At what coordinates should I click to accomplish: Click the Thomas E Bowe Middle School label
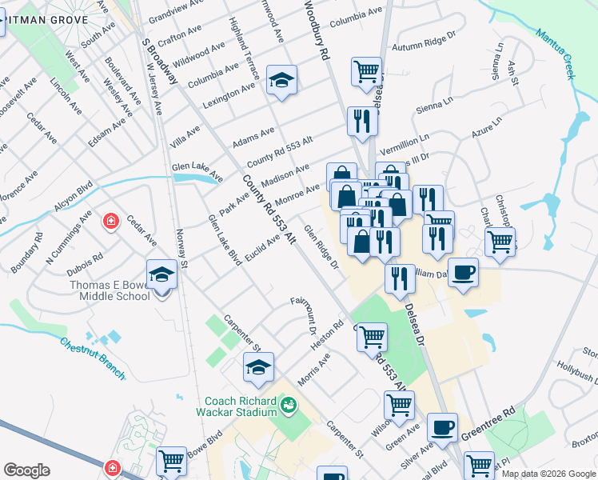click(x=104, y=290)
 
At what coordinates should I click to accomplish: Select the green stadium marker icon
click(x=287, y=406)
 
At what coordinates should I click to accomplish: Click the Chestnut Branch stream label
click(x=93, y=352)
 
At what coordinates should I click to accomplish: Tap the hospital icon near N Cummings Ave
click(x=111, y=221)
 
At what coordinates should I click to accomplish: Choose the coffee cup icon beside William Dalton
click(x=464, y=272)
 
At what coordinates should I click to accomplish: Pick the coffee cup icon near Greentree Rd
click(x=442, y=427)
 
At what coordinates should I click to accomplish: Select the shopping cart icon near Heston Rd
click(x=372, y=337)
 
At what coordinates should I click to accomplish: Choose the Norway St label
click(x=181, y=246)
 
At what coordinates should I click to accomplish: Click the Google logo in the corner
click(x=26, y=470)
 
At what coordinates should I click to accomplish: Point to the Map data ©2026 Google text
click(x=548, y=474)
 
